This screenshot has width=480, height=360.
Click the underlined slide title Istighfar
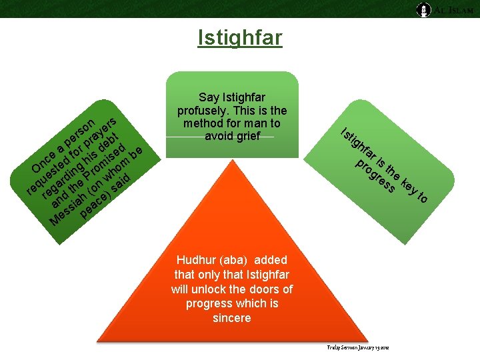(x=240, y=38)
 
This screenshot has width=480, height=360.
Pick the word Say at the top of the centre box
(x=210, y=97)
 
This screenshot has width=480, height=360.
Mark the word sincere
(x=231, y=318)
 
